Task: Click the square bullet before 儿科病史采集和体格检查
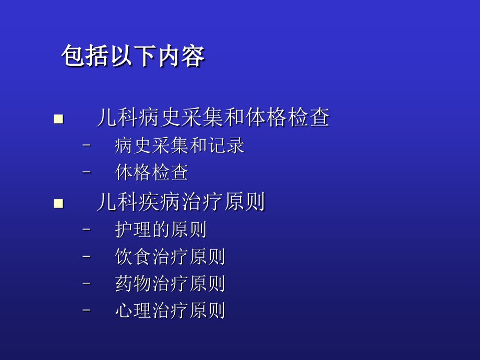pyautogui.click(x=58, y=119)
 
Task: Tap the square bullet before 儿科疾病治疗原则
pyautogui.click(x=58, y=203)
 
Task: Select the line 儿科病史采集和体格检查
pyautogui.click(x=213, y=118)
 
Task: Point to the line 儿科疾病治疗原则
pyautogui.click(x=181, y=202)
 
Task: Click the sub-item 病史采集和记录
pyautogui.click(x=179, y=146)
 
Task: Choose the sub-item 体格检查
pyautogui.click(x=151, y=173)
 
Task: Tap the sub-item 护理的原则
pyautogui.click(x=161, y=230)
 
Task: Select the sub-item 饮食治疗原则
pyautogui.click(x=170, y=257)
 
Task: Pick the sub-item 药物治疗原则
pyautogui.click(x=170, y=283)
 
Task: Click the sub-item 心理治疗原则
pyautogui.click(x=170, y=310)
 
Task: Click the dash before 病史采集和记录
pyautogui.click(x=87, y=145)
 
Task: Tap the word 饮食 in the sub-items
pyautogui.click(x=133, y=257)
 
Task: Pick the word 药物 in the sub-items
pyautogui.click(x=133, y=283)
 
